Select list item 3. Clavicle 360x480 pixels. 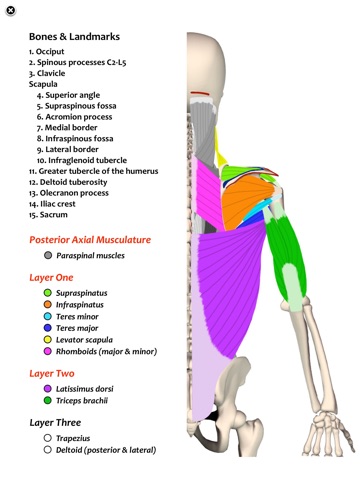(x=57, y=73)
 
